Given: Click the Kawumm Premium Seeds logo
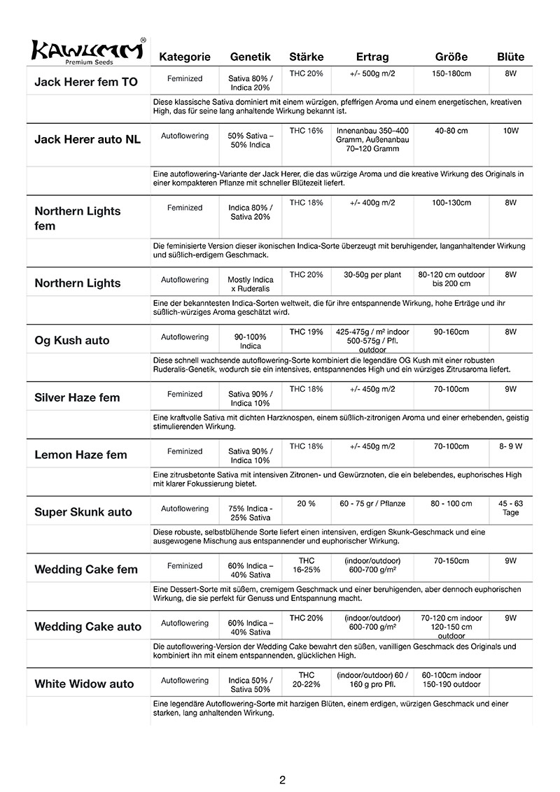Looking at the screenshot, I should tap(87, 51).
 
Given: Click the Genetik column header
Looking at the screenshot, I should tap(251, 57).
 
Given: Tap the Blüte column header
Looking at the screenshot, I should tap(510, 57).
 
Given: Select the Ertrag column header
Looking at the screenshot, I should tap(372, 57).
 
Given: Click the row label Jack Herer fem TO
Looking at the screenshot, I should tap(86, 82).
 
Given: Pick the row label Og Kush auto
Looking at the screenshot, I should tap(72, 341).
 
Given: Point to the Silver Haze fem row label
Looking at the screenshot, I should tap(77, 397).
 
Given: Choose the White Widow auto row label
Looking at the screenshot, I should tap(84, 684).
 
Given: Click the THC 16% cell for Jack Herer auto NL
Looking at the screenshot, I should tap(306, 131).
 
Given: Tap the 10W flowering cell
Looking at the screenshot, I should tap(510, 131).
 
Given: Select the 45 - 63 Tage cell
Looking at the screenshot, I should tap(510, 508).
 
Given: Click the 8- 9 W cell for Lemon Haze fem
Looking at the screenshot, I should tap(510, 446).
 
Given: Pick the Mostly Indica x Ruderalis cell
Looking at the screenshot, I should tap(251, 284).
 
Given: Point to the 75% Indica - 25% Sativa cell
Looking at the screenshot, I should tap(251, 513).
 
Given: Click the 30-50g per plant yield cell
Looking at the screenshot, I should tap(372, 275).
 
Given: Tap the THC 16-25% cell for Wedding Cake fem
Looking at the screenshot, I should tap(306, 565).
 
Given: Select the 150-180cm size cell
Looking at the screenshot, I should tap(451, 73).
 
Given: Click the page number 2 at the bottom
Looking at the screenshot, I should tap(281, 779).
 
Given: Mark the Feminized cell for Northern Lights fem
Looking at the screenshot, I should tap(185, 208).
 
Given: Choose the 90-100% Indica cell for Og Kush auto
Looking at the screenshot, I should tap(251, 341).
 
